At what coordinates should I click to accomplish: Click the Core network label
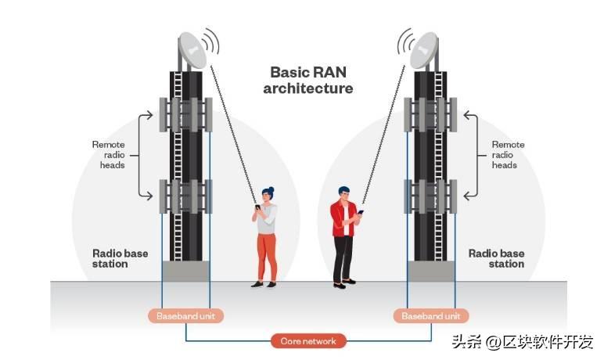point(308,341)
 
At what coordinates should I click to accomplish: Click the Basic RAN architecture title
point(307,80)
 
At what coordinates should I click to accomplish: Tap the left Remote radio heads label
point(109,154)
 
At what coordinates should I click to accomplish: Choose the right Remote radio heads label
point(508,154)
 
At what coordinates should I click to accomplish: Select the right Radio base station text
point(496,258)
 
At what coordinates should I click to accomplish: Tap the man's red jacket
point(341,218)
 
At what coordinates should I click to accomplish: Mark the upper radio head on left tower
point(186,114)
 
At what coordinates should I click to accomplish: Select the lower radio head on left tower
point(186,196)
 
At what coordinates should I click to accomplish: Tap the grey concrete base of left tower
point(186,271)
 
